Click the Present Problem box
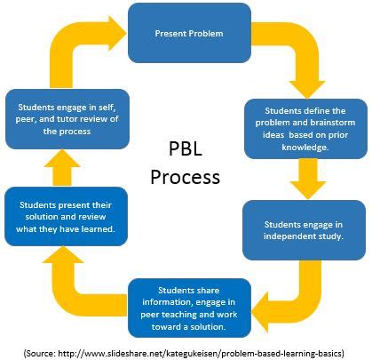[x=189, y=33]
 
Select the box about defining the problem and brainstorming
[x=305, y=129]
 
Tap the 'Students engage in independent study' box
[x=304, y=230]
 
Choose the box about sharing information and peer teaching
[x=189, y=308]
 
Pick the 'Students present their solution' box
[x=66, y=217]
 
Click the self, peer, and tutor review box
[x=67, y=119]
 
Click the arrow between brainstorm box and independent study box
[x=308, y=179]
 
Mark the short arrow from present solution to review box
[x=62, y=168]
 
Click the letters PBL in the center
[x=186, y=148]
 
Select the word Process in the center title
[x=186, y=177]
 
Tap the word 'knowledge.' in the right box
[x=305, y=148]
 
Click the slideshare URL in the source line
[x=200, y=353]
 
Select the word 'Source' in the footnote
[x=41, y=353]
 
